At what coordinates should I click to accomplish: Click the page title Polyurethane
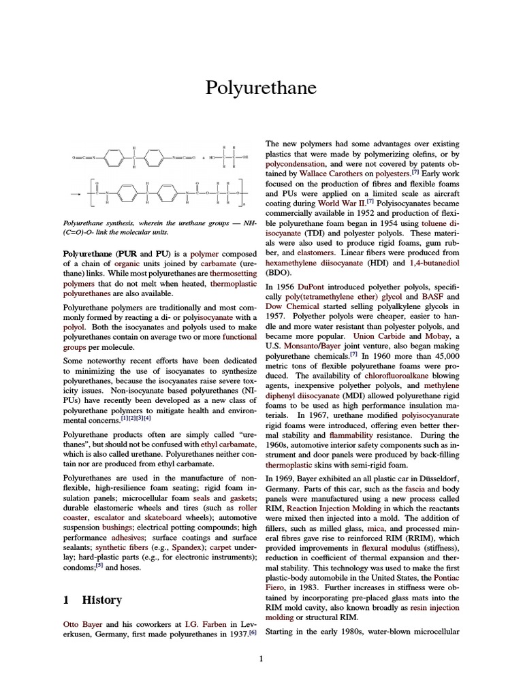(x=261, y=88)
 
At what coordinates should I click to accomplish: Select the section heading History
(x=102, y=600)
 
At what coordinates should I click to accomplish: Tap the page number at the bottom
(x=261, y=658)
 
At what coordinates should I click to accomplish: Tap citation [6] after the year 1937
(x=252, y=632)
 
